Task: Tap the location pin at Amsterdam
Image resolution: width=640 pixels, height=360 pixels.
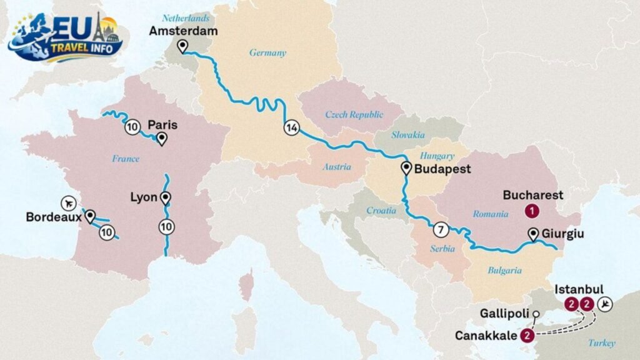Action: tap(182, 46)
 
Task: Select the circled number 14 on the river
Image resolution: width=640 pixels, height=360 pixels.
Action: tap(291, 127)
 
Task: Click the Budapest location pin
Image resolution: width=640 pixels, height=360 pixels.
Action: tap(406, 167)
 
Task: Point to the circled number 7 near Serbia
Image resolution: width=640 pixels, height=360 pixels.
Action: tap(441, 229)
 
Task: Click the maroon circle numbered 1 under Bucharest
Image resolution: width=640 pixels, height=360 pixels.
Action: tap(531, 211)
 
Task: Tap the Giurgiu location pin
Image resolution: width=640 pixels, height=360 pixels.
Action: tap(533, 234)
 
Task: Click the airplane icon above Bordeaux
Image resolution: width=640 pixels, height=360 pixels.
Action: tap(69, 203)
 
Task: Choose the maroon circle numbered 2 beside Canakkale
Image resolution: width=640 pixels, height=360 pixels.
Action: tap(528, 336)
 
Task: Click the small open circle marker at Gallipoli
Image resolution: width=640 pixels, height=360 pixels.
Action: tap(536, 313)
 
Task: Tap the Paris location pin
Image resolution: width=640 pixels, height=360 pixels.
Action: tap(161, 139)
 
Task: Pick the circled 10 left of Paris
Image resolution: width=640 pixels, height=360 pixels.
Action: tap(131, 127)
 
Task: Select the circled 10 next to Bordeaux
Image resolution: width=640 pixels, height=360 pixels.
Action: tap(107, 233)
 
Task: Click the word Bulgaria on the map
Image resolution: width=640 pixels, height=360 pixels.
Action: tap(504, 271)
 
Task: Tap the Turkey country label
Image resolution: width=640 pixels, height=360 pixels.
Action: tap(601, 342)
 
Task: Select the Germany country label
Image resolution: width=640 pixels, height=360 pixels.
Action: tap(267, 53)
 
